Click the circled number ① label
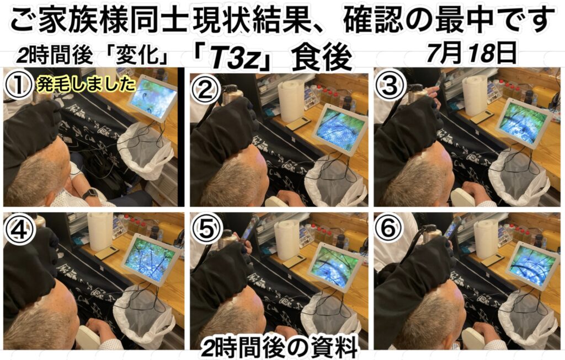18,86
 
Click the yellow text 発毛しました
86,86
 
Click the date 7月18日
471,53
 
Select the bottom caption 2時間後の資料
279,347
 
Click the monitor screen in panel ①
153,96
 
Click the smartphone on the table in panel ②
299,123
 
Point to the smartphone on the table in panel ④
106,253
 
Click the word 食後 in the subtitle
322,58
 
